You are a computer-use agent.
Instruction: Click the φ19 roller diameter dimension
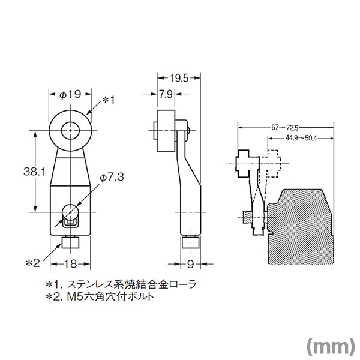pos(70,94)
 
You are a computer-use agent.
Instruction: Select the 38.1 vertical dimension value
pos(35,172)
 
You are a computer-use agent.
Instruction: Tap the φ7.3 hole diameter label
pos(112,177)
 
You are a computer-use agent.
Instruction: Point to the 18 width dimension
pos(70,264)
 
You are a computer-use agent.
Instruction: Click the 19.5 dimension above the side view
pos(179,78)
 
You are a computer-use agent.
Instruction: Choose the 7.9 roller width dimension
pos(166,94)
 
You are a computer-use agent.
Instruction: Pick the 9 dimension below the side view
pos(190,264)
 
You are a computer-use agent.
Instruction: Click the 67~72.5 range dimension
pos(286,127)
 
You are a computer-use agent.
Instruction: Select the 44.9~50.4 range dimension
pos(301,138)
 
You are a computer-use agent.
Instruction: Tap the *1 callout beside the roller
pos(108,100)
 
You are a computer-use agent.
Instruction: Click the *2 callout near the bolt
pos(32,263)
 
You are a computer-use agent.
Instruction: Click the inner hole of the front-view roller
pos(70,131)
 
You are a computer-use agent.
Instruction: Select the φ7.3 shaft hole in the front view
pos(70,212)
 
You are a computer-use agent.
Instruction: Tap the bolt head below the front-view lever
pos(70,243)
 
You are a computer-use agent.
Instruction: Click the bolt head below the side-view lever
pos(191,243)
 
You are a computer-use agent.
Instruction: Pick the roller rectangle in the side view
pos(166,131)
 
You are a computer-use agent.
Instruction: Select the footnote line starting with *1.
pos(121,284)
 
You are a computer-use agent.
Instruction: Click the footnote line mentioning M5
pos(100,296)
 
